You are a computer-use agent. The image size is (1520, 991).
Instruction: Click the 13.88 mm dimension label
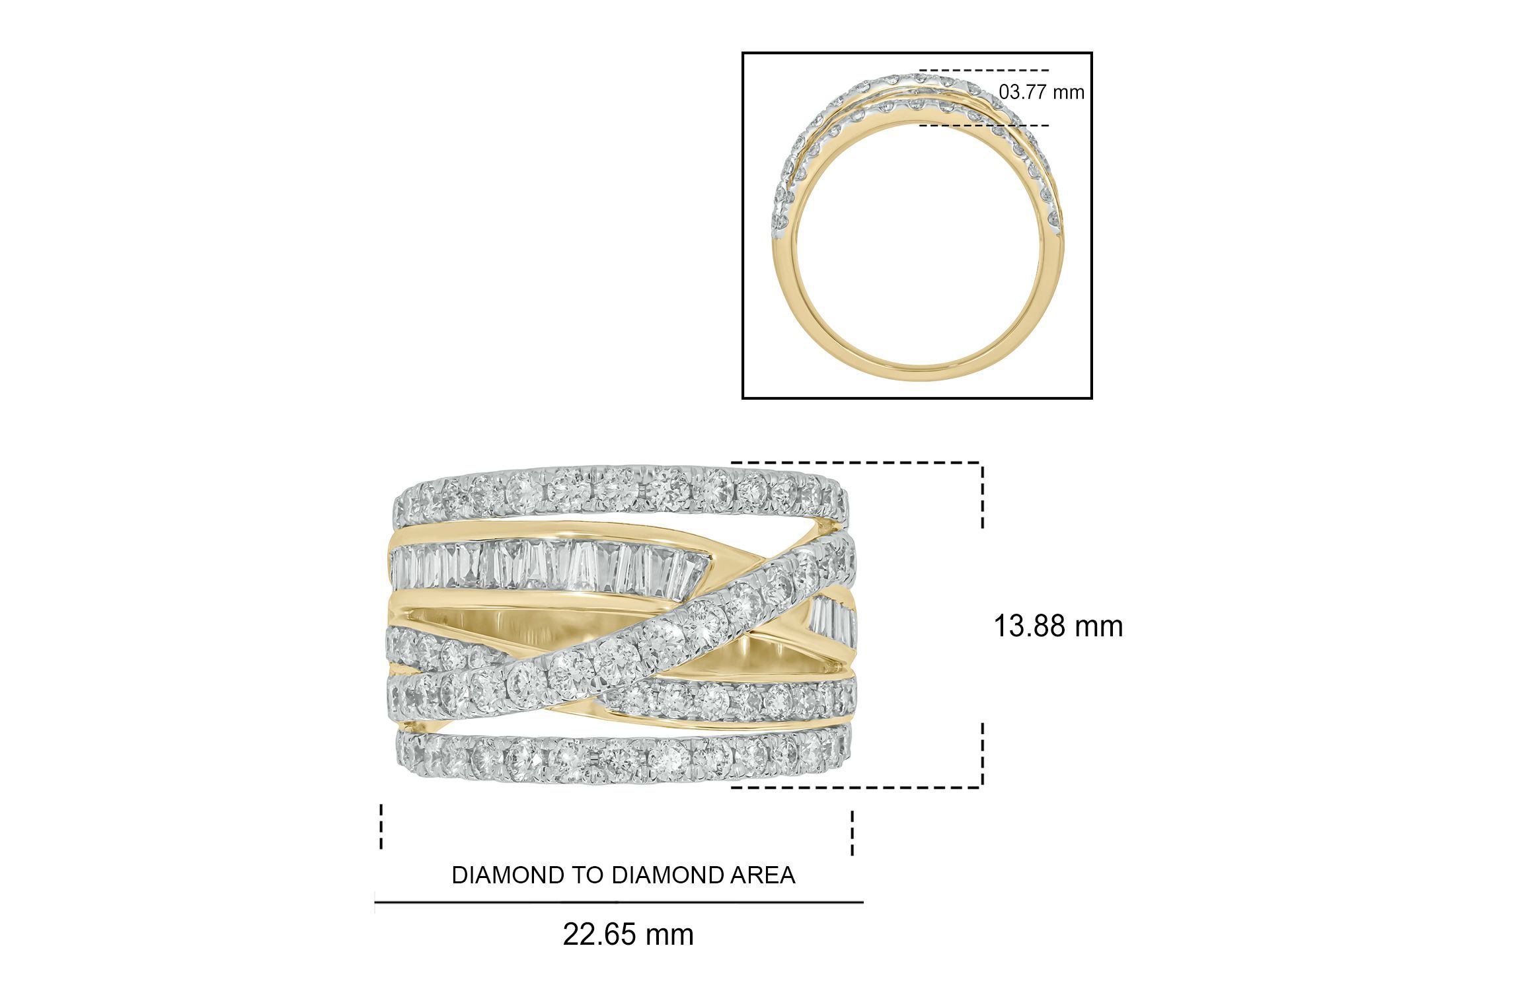click(1058, 626)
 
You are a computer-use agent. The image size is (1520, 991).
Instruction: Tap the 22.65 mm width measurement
click(628, 935)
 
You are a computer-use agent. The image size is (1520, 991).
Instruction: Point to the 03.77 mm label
click(1042, 92)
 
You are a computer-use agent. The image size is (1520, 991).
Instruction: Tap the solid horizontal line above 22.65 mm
click(619, 902)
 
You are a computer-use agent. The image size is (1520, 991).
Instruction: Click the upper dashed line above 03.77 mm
click(984, 70)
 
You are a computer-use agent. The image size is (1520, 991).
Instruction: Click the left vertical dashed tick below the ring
click(381, 826)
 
